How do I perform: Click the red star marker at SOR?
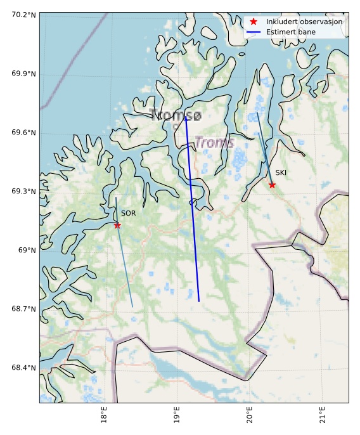[117, 225]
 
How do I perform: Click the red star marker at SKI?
[272, 185]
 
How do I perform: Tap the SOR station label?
[128, 214]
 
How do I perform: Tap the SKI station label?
[281, 172]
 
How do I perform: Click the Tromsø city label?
[176, 115]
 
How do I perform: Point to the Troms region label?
[214, 143]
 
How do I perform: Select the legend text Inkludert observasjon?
[304, 22]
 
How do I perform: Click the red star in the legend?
[253, 22]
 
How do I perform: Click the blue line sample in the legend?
[253, 32]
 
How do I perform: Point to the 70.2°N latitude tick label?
[23, 15]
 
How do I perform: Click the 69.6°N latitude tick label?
[23, 133]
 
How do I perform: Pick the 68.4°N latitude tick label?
[23, 368]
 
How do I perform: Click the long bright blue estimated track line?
[193, 209]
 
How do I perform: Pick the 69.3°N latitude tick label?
[23, 192]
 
